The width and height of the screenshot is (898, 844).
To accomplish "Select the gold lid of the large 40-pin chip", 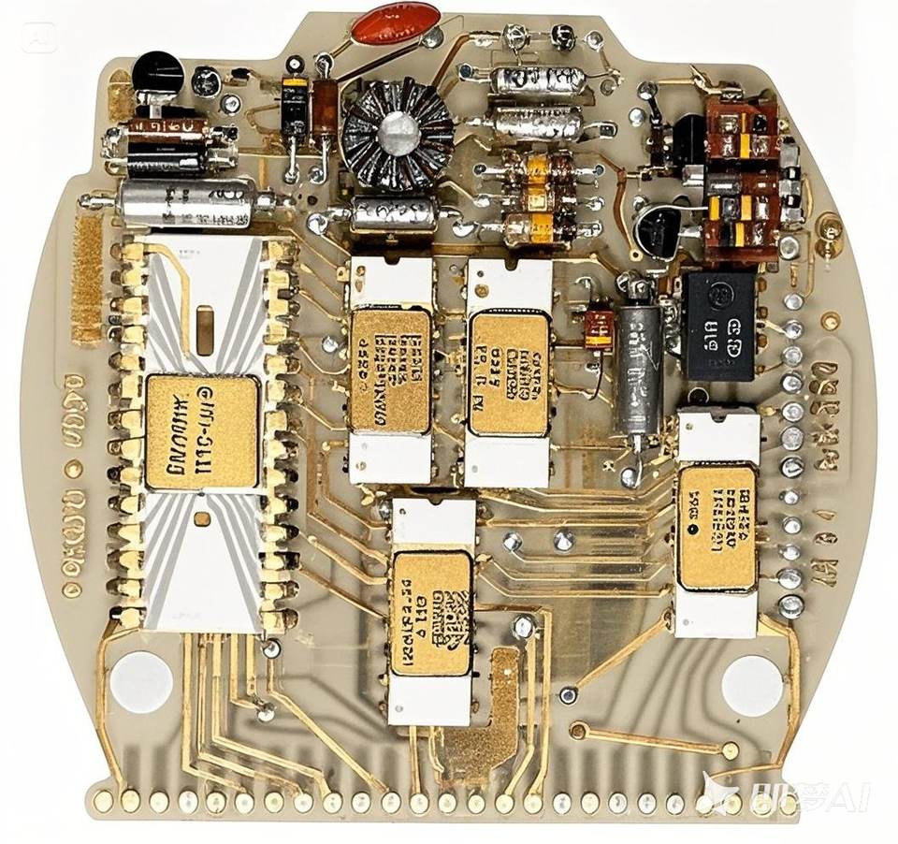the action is click(x=202, y=432).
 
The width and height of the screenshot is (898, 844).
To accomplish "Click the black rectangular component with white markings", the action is click(x=719, y=326).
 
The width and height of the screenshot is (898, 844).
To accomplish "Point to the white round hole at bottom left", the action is click(x=141, y=681).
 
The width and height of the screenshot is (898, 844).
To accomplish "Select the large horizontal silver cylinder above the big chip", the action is click(x=188, y=203).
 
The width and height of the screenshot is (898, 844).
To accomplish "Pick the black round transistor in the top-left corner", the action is click(x=157, y=73).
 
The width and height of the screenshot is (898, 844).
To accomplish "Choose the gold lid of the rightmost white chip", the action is click(x=717, y=527).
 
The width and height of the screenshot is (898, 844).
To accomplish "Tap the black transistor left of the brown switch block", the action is click(x=660, y=230).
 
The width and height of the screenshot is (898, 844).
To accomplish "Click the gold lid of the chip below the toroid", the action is click(x=391, y=370).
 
